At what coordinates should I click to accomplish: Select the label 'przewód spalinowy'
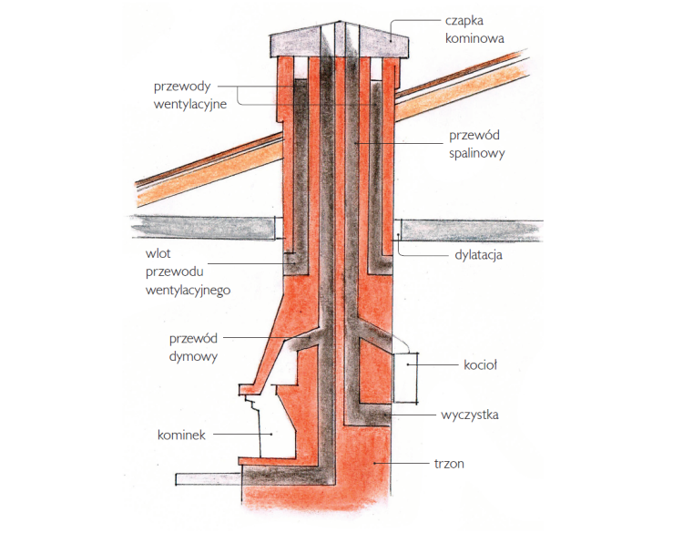pos(474,145)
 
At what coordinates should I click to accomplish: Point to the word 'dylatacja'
pos(478,255)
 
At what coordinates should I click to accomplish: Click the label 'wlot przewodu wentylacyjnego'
pos(187,273)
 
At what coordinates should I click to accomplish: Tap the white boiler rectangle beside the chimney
pos(404,378)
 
